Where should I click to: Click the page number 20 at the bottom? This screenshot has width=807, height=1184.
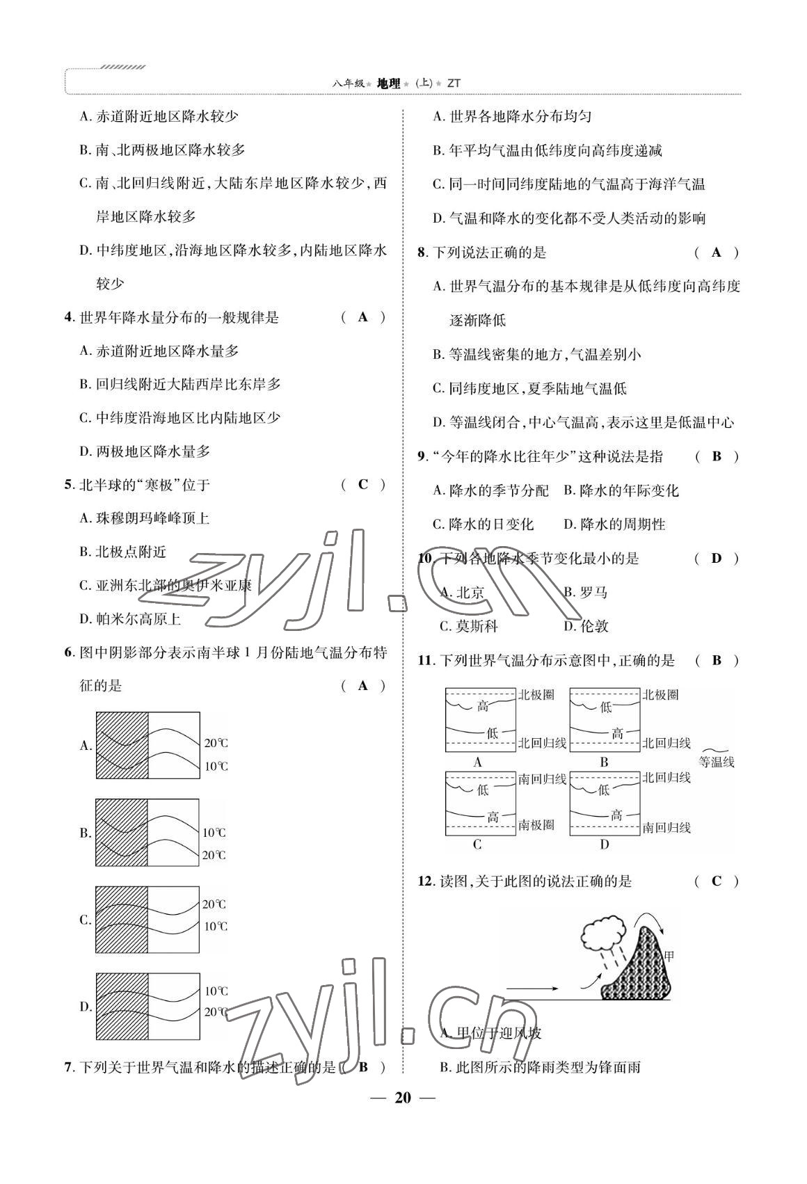click(403, 1098)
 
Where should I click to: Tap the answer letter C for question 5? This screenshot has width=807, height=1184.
click(363, 485)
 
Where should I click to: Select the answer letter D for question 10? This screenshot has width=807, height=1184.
click(717, 558)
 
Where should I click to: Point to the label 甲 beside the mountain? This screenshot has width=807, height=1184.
click(669, 957)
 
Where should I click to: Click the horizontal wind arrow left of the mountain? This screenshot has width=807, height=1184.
click(532, 988)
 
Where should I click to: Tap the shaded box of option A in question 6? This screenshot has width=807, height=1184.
click(122, 745)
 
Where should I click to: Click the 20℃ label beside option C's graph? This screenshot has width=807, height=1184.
click(214, 904)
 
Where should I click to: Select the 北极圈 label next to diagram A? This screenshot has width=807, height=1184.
click(536, 694)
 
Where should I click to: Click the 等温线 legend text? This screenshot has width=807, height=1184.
click(717, 762)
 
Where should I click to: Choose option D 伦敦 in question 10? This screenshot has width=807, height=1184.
click(586, 626)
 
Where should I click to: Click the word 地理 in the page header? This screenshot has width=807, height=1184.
click(388, 83)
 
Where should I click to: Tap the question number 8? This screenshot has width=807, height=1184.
click(422, 253)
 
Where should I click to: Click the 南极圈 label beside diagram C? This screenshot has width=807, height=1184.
click(536, 824)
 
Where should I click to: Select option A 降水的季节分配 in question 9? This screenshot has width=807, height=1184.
click(490, 490)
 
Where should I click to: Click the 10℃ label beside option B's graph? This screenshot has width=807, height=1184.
click(214, 833)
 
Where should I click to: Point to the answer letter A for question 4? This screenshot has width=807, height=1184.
click(363, 317)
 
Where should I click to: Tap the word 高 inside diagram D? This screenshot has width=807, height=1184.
click(616, 815)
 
